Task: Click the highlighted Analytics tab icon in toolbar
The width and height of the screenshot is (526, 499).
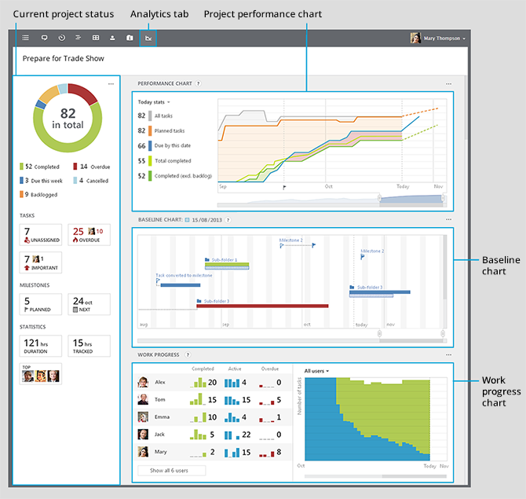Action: tap(148, 38)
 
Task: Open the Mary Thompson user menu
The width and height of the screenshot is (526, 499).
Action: tap(438, 38)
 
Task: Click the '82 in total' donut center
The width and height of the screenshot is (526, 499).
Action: tap(68, 118)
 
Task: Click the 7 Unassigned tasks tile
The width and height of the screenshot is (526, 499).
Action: tap(40, 235)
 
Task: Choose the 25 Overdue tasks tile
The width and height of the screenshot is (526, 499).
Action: tap(89, 235)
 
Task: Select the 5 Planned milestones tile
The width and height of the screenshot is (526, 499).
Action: tap(40, 304)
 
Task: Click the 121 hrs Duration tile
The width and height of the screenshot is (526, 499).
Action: tap(40, 347)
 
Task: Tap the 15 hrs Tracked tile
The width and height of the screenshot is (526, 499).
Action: tap(89, 347)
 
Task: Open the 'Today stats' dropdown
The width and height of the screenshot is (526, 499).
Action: tap(154, 102)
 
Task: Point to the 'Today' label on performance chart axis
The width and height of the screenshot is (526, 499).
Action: tap(403, 187)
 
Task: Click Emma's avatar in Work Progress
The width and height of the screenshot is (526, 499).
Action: tap(143, 417)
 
